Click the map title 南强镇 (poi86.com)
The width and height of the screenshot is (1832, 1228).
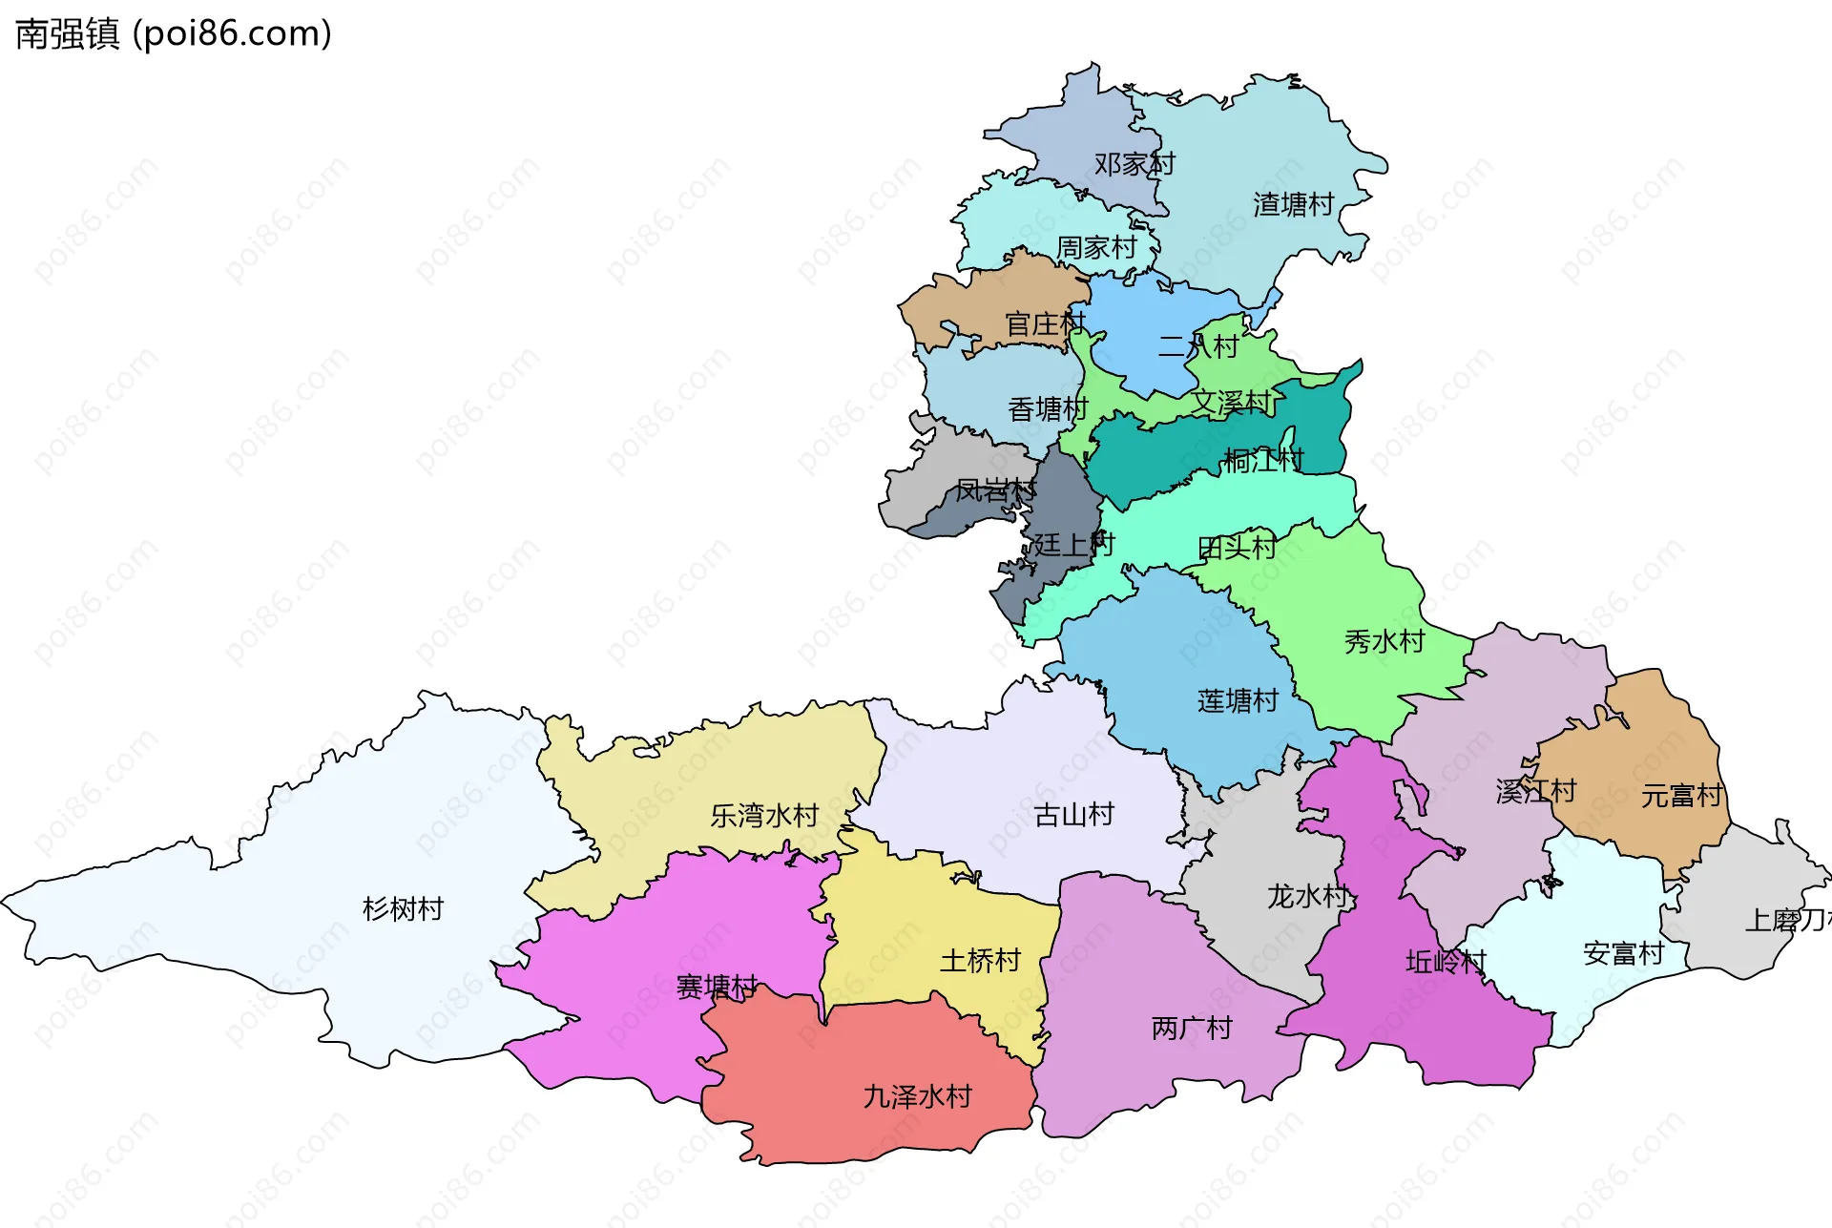coord(174,33)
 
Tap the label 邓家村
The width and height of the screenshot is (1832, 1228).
coord(1134,164)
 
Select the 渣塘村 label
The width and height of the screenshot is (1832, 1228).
coord(1293,204)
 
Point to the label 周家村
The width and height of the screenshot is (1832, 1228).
coord(1096,248)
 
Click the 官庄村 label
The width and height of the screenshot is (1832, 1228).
coord(1045,324)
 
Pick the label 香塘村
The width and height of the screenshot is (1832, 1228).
coord(1048,409)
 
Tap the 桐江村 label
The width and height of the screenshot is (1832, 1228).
coord(1263,461)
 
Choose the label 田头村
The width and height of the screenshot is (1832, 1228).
coord(1237,548)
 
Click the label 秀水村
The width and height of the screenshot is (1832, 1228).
coord(1384,641)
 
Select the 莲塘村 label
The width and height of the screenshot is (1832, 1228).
coord(1238,701)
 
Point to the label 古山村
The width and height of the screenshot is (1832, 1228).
coord(1073,815)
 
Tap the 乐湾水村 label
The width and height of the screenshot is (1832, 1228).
coord(764,816)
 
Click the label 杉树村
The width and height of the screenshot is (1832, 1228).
coord(403,908)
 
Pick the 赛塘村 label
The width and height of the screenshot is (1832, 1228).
coord(717,987)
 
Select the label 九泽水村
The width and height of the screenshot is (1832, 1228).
coord(917,1096)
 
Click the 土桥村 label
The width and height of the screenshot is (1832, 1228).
coord(980,960)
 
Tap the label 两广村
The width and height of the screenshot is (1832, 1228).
coord(1192,1028)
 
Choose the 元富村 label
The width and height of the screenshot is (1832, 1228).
coord(1681,795)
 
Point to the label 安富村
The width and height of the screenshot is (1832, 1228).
coord(1623,953)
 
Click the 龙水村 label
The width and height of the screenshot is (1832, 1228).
coord(1307,896)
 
